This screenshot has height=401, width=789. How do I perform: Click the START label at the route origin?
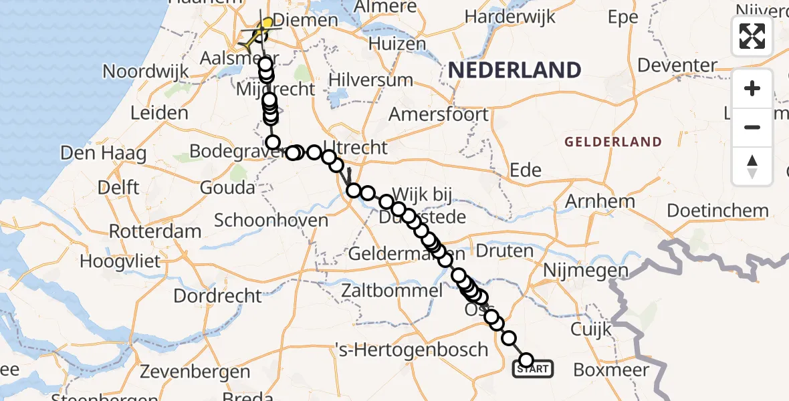pyautogui.click(x=533, y=368)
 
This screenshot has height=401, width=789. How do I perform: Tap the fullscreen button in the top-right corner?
pyautogui.click(x=752, y=36)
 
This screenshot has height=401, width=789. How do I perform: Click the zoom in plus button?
pyautogui.click(x=752, y=88)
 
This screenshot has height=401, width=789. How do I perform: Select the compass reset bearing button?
pyautogui.click(x=752, y=166)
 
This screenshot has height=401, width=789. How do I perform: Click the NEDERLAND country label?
pyautogui.click(x=514, y=70)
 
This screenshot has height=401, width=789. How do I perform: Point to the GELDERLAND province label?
pyautogui.click(x=613, y=142)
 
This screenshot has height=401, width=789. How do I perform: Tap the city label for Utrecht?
pyautogui.click(x=355, y=148)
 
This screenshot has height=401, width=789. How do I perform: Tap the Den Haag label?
pyautogui.click(x=103, y=153)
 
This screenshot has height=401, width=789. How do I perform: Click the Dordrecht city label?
pyautogui.click(x=218, y=295)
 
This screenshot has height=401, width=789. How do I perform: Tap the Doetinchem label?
pyautogui.click(x=717, y=211)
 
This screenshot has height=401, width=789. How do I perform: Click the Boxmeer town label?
pyautogui.click(x=611, y=370)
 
